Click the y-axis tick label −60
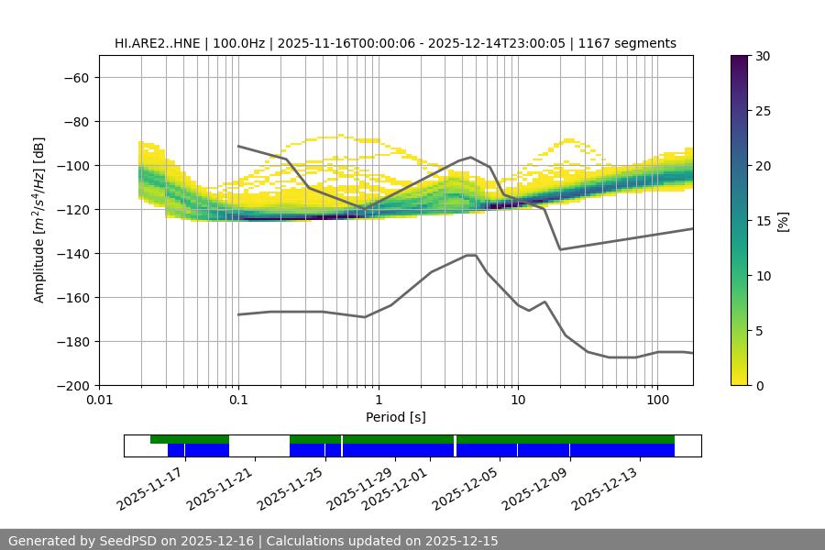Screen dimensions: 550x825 [x=75, y=77]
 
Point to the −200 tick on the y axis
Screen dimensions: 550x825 [x=71, y=385]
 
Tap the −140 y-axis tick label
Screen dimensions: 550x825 [x=71, y=253]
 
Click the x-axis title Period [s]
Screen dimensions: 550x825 [x=395, y=418]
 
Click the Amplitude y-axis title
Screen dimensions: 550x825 [x=39, y=220]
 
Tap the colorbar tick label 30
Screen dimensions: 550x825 [x=763, y=56]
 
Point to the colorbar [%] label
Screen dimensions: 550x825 [x=782, y=221]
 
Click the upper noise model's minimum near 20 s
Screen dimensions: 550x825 [x=560, y=249]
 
